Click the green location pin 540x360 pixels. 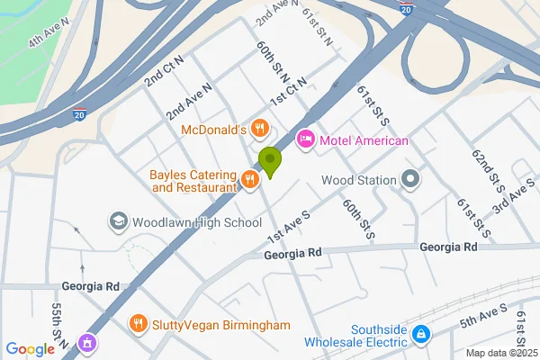click(x=269, y=162)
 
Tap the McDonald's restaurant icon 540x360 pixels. click(x=259, y=129)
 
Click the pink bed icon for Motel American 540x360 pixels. click(x=305, y=139)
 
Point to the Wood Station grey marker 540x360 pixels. click(x=411, y=180)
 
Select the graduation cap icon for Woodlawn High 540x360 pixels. click(x=118, y=221)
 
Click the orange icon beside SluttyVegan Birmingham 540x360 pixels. click(x=138, y=323)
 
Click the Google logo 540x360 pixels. click(x=30, y=349)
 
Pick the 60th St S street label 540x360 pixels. click(x=356, y=219)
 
